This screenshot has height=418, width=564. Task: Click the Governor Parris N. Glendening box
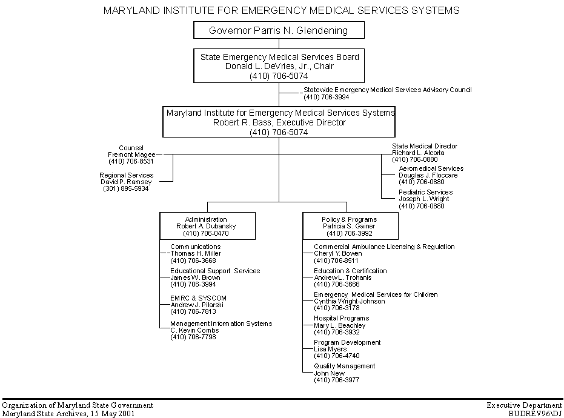pos(279,30)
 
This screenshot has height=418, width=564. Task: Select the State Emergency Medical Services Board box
pos(279,66)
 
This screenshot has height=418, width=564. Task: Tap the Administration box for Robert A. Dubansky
pos(207,226)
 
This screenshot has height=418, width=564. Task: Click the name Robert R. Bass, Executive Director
pos(279,122)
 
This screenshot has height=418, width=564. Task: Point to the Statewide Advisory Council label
pos(387,90)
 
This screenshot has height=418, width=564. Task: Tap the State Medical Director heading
pos(425,146)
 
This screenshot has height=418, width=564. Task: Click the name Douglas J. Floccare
pos(428,175)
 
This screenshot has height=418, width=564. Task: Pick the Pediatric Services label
pos(425,192)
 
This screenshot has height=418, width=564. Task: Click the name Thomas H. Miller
pos(196,253)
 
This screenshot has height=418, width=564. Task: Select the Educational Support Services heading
pos(215,271)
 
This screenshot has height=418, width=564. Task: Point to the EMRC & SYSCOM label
pos(198,298)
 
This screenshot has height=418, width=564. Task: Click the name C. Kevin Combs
pos(194,330)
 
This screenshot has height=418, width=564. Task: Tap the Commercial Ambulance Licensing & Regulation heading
pos(384,247)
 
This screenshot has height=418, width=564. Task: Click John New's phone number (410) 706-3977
pos(336,380)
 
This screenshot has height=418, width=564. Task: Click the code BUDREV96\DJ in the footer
pos(536,414)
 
